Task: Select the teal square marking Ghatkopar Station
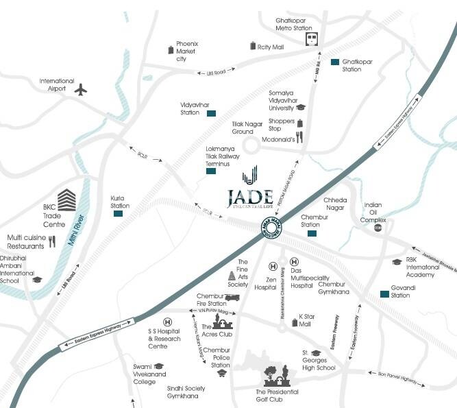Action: point(334,62)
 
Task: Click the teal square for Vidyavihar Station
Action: point(212,112)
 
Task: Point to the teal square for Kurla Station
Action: point(118,214)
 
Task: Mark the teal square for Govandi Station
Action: point(384,295)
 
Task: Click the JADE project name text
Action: point(251,197)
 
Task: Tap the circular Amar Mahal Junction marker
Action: point(271,228)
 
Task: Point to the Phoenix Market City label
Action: point(187,51)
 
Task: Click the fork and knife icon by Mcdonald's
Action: point(299,139)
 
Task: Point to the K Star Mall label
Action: point(309,320)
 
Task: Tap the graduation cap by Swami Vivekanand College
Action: point(158,366)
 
